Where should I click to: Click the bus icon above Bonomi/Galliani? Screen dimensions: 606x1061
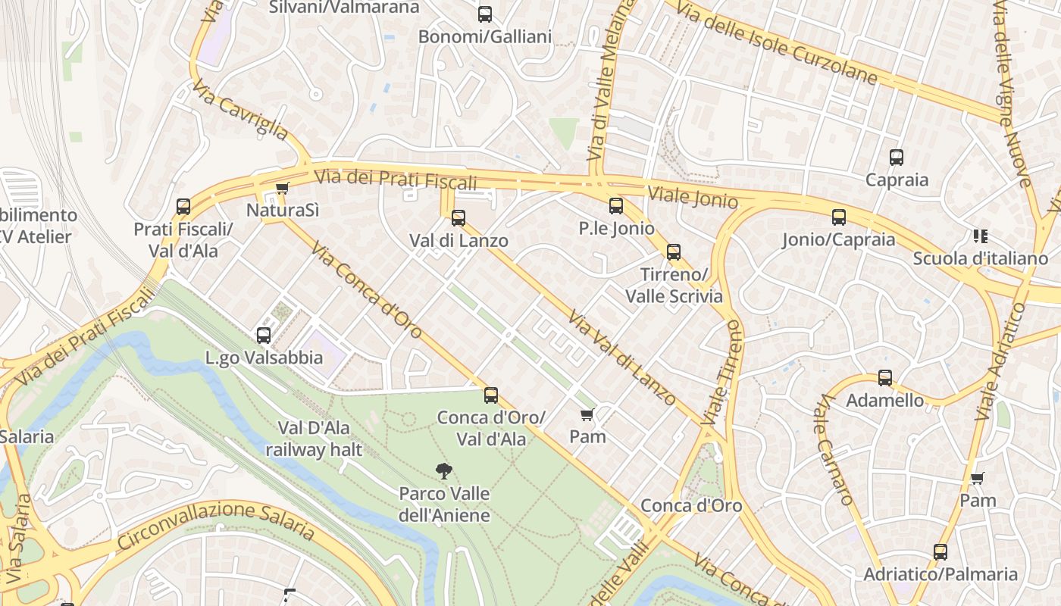tap(485, 14)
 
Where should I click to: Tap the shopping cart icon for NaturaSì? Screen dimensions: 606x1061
tap(282, 188)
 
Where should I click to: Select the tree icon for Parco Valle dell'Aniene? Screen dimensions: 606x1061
tap(444, 471)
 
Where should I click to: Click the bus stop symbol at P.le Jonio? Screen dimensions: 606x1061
tap(616, 205)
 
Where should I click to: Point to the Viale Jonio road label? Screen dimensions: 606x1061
tap(693, 196)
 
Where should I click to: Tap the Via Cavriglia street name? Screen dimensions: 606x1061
tap(239, 111)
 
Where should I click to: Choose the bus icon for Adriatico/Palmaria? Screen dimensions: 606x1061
tap(941, 552)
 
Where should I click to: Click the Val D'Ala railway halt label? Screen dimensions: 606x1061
tap(314, 439)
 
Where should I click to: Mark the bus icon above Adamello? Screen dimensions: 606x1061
tap(885, 378)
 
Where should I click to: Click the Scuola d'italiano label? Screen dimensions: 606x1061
tap(980, 258)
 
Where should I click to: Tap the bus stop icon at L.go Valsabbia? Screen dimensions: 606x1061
tap(264, 335)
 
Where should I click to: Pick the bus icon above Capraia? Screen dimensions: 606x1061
tap(897, 158)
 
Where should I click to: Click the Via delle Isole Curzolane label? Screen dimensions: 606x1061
tap(776, 42)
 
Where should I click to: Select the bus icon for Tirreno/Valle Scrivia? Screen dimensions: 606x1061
tap(674, 252)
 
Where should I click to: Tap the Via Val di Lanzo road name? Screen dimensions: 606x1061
tap(621, 358)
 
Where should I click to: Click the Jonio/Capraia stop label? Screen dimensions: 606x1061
tap(839, 240)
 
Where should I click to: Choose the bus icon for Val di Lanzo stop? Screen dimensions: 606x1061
tap(459, 218)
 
